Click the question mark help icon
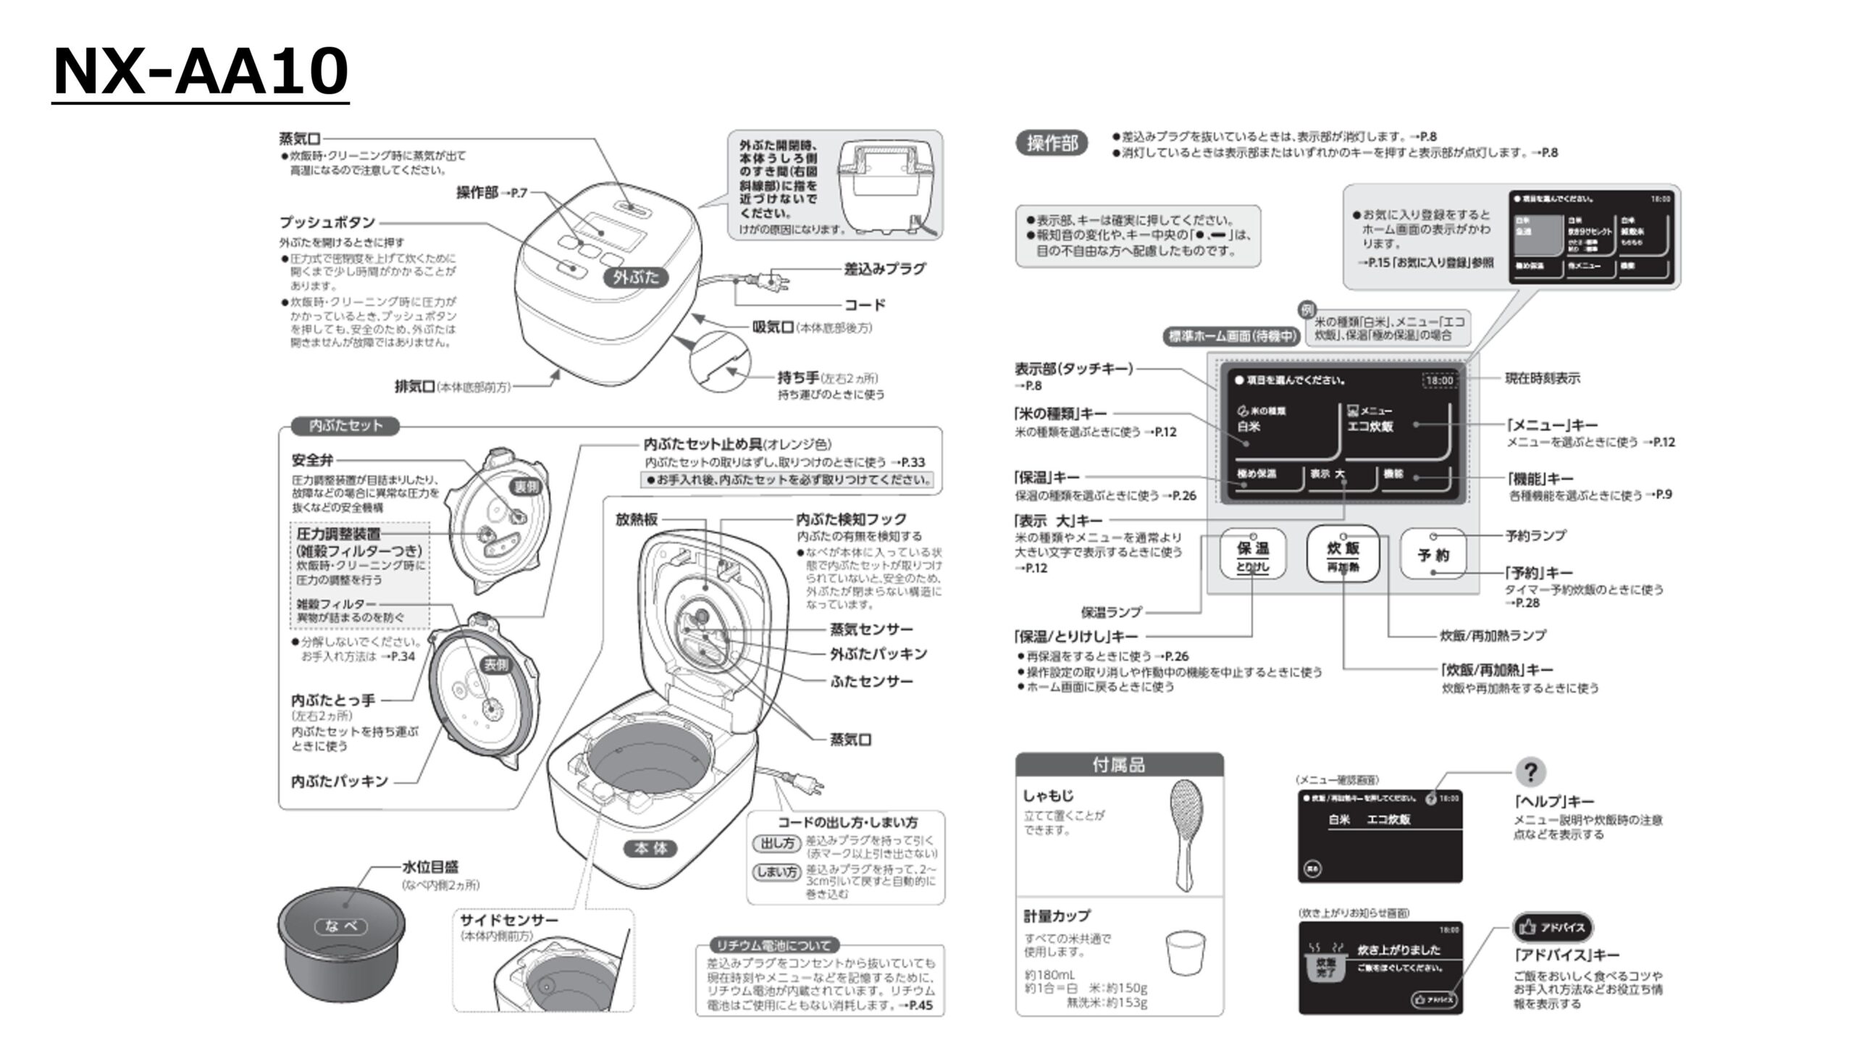[1530, 772]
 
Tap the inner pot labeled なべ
[340, 942]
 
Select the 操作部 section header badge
[1052, 143]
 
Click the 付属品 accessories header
[1119, 765]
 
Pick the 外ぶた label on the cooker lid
[635, 277]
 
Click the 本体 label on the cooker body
[650, 849]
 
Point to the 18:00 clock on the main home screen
[1439, 380]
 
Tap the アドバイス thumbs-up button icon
[1553, 927]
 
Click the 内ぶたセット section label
[345, 426]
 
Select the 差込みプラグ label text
[884, 269]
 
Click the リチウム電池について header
[773, 945]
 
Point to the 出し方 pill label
[776, 843]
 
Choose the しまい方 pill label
[776, 872]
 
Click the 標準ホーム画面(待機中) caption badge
[1231, 336]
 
